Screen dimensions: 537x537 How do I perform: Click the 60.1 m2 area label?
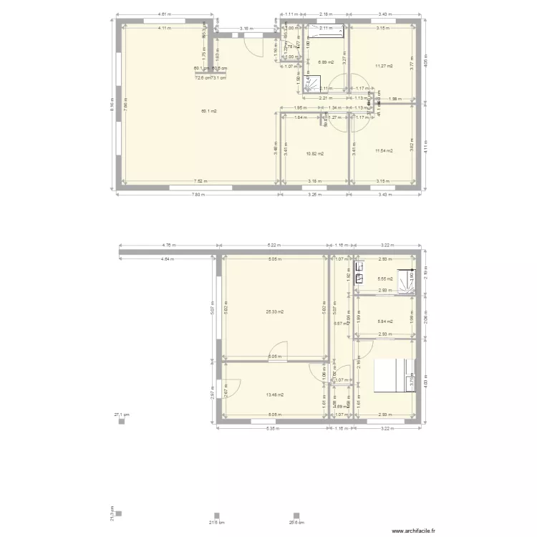[x=209, y=111]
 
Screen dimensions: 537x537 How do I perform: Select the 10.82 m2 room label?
[x=315, y=153]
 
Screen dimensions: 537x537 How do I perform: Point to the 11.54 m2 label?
[x=384, y=150]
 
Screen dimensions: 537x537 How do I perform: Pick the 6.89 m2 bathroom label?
[x=326, y=62]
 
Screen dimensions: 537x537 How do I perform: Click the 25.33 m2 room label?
[x=275, y=311]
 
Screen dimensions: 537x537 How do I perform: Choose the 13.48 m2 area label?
[x=275, y=395]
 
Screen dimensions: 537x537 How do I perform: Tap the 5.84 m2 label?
[x=384, y=321]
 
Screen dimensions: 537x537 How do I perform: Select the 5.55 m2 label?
[x=384, y=279]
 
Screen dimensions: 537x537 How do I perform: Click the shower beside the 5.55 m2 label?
[x=407, y=282]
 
